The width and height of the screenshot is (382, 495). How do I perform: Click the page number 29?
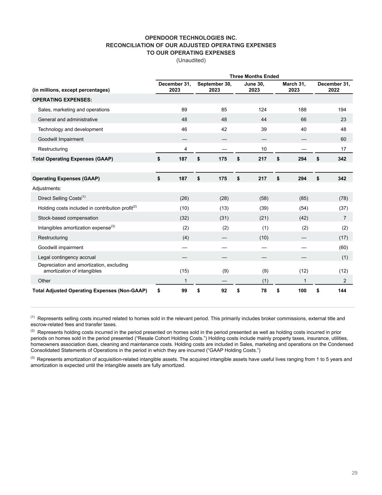pyautogui.click(x=354, y=473)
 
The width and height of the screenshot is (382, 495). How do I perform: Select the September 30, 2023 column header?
pyautogui.click(x=214, y=87)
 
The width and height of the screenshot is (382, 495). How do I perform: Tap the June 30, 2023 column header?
pyautogui.click(x=254, y=87)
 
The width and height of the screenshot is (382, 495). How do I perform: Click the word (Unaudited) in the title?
pyautogui.click(x=191, y=60)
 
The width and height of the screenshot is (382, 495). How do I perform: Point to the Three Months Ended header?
pyautogui.click(x=254, y=76)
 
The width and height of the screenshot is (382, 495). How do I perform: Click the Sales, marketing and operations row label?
pyautogui.click(x=74, y=110)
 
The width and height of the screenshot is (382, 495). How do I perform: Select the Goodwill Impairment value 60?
pyautogui.click(x=343, y=139)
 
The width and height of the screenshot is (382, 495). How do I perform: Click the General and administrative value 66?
pyautogui.click(x=303, y=119)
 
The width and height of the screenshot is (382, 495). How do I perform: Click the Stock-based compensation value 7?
pyautogui.click(x=344, y=218)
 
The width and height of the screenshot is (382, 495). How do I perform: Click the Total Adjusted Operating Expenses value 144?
pyautogui.click(x=342, y=290)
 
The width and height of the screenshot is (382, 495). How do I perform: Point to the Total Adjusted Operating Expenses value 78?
pyautogui.click(x=264, y=290)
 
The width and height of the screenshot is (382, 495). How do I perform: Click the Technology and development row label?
pyautogui.click(x=70, y=129)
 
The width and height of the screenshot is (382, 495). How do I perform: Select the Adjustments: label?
pyautogui.click(x=47, y=188)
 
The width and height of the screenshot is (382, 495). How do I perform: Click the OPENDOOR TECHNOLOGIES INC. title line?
pyautogui.click(x=191, y=38)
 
